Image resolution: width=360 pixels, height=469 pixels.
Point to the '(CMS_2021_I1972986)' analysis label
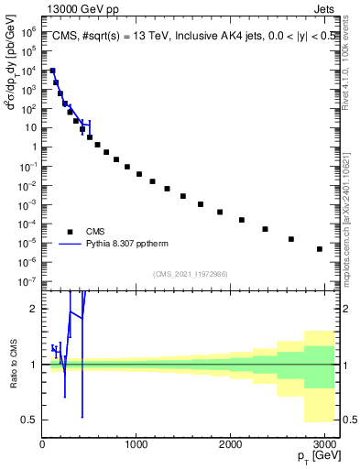click(190, 274)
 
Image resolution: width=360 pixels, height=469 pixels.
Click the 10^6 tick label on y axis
click(29, 31)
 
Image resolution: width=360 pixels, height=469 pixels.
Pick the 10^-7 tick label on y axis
click(29, 281)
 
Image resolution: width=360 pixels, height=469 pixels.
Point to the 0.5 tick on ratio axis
click(29, 420)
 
